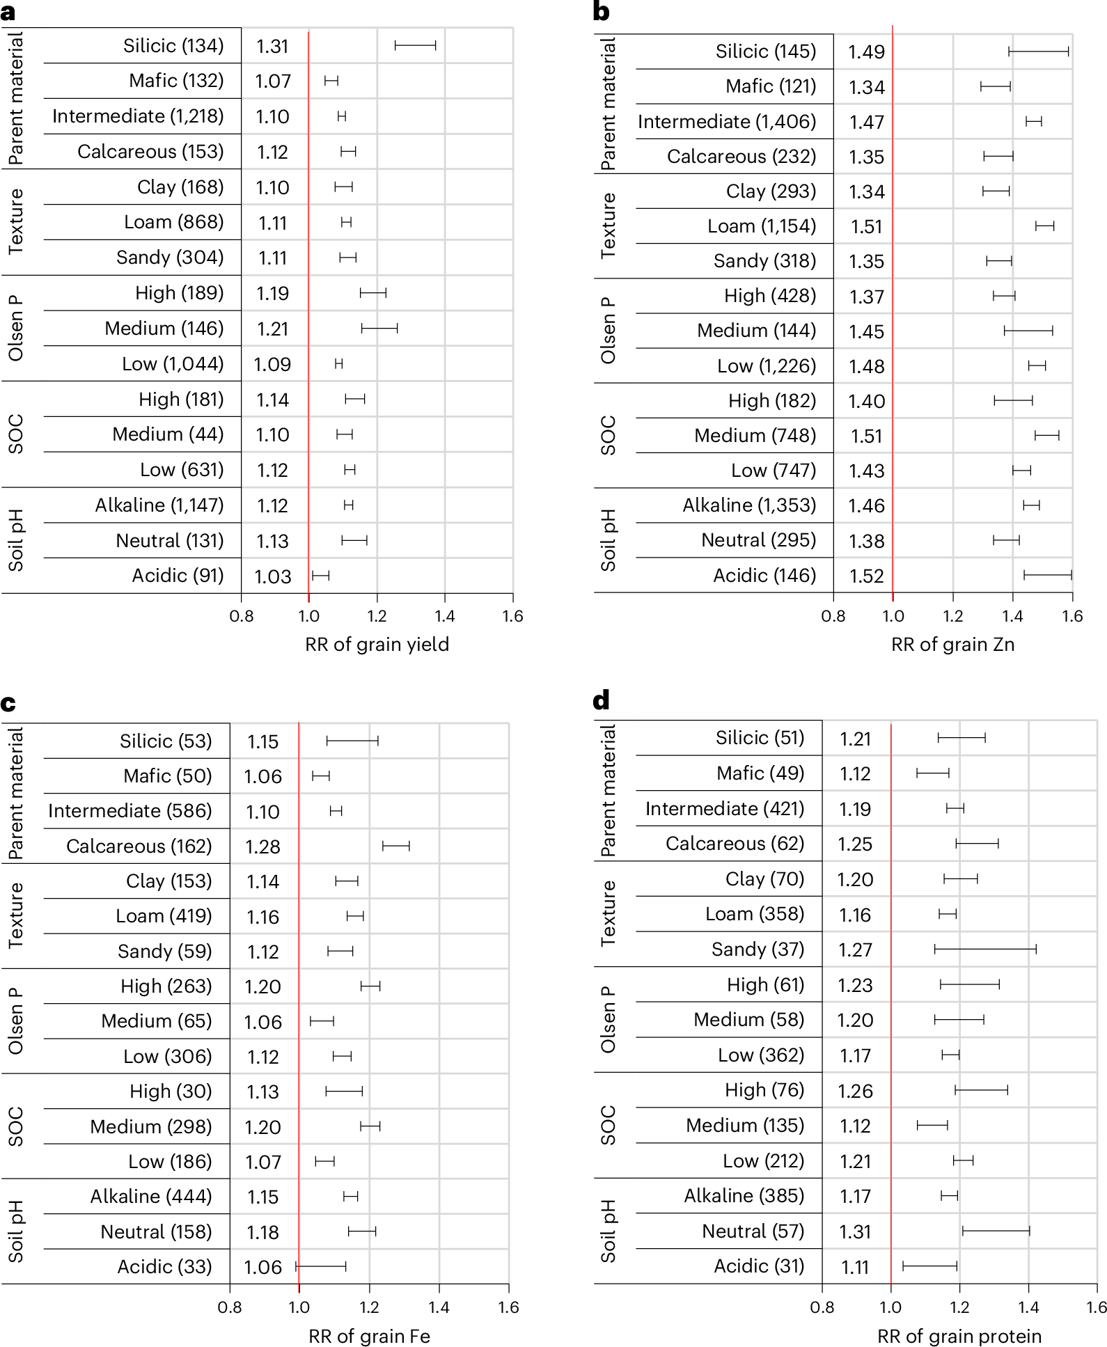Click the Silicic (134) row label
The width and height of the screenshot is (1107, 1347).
point(173,46)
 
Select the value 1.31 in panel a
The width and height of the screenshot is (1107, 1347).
point(272,47)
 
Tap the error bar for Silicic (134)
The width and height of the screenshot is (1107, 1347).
point(415,46)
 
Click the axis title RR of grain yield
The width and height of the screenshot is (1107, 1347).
point(377,645)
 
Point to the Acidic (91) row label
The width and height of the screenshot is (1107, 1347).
point(178,576)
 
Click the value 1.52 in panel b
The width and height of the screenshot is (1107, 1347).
point(866,576)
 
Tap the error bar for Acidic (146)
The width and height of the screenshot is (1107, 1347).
point(1047,575)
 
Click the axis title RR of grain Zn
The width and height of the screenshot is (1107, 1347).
point(952,645)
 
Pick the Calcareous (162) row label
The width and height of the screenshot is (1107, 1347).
point(139,846)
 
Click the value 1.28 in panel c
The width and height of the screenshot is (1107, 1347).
point(262,847)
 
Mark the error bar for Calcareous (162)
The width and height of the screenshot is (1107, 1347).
point(395,846)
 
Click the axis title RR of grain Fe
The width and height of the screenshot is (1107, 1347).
point(369,1337)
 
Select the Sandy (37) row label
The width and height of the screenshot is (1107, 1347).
point(757,950)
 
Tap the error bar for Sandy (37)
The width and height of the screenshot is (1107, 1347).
point(985,949)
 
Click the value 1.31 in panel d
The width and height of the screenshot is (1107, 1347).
point(855,1232)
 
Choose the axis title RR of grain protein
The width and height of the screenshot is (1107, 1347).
point(959,1337)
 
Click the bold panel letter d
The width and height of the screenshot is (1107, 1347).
point(602,700)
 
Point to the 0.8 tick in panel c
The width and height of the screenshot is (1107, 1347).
point(230,1307)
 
